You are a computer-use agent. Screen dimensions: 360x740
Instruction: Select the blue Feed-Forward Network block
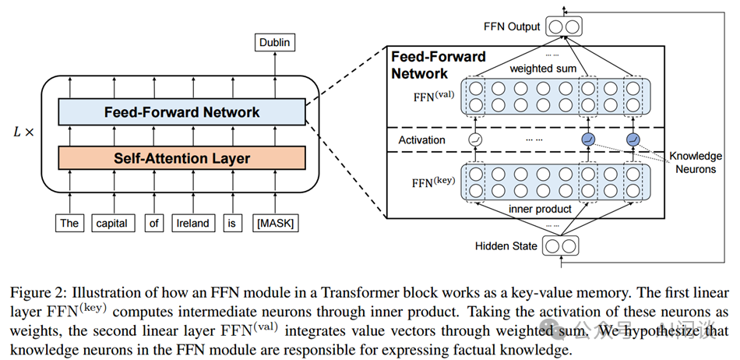181,112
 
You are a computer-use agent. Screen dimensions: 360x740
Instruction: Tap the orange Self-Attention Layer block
181,158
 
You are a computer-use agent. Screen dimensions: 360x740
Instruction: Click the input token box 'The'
69,224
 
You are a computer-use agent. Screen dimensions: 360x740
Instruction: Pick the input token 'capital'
112,224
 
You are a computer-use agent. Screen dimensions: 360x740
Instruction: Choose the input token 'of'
154,224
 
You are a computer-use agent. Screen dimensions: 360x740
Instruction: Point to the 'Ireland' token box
192,224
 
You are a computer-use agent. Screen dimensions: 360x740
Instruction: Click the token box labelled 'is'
230,224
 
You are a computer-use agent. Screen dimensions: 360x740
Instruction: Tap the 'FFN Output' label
511,26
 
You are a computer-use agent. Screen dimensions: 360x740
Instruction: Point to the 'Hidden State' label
506,246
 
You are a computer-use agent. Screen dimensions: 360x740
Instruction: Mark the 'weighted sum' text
542,69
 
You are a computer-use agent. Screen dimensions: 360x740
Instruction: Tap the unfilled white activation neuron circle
476,140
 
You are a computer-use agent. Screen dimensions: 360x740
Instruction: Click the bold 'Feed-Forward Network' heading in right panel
438,65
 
